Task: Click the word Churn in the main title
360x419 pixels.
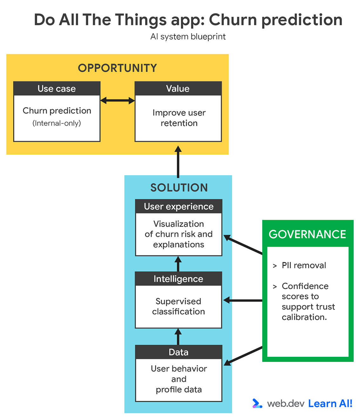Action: (x=233, y=20)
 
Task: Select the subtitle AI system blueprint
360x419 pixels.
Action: (x=188, y=37)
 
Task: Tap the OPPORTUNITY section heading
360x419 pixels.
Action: (x=117, y=68)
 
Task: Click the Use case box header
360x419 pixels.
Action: (x=57, y=89)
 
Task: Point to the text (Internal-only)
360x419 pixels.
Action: (x=57, y=123)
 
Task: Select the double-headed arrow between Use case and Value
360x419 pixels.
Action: (x=117, y=101)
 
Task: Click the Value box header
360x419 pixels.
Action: (x=178, y=89)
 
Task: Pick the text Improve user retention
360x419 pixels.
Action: (x=179, y=118)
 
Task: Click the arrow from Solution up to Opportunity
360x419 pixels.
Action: (x=178, y=162)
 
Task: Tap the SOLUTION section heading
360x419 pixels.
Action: (x=179, y=188)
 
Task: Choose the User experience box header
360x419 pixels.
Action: (x=179, y=206)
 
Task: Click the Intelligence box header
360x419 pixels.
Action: (x=178, y=279)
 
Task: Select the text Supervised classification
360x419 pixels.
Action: (x=178, y=306)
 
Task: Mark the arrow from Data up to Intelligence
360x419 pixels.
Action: (x=178, y=337)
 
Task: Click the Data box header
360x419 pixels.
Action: (x=178, y=352)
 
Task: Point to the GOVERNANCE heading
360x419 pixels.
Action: (x=307, y=234)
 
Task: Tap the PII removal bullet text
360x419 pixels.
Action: (x=304, y=265)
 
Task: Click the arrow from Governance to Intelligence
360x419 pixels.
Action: (x=243, y=300)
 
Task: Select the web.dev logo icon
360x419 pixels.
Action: (x=257, y=403)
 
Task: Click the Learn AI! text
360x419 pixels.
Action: (x=330, y=403)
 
